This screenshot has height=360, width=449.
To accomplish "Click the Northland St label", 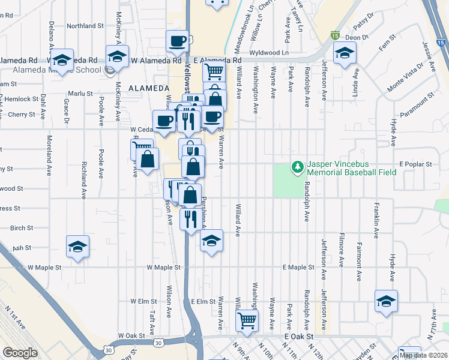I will pos(85,26).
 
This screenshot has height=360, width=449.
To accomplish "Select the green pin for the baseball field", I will pos(296,166).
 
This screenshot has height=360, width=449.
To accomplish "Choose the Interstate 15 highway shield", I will pos(334,37).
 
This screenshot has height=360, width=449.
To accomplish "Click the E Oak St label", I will pos(299,337).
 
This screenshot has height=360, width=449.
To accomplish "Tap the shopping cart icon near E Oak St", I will pos(247,320).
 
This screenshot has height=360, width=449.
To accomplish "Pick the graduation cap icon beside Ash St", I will pos(77,247).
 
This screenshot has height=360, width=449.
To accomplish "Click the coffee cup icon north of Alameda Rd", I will pos(177,41).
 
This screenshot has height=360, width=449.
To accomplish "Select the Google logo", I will pos(20,353).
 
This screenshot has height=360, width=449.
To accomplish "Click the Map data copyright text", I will pos(423,355).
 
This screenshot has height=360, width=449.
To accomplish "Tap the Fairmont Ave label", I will pos(360,262).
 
